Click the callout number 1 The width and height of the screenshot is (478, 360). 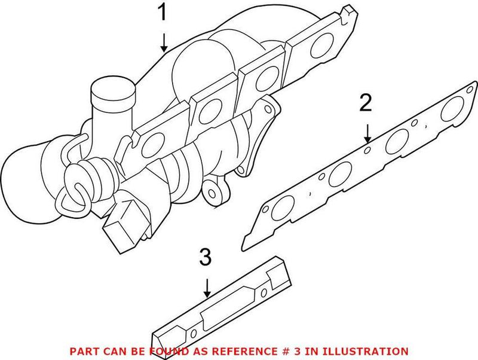click(x=163, y=13)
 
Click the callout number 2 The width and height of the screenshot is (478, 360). click(x=366, y=103)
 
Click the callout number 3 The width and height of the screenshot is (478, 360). click(x=205, y=258)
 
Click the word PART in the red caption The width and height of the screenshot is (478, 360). click(x=83, y=351)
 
